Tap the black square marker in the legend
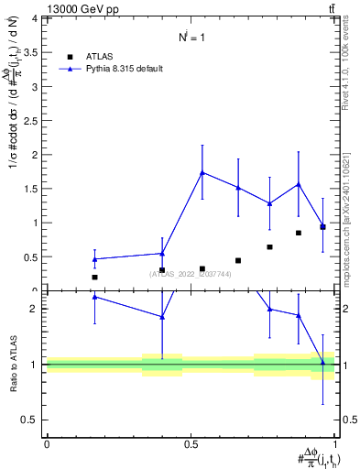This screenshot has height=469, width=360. point(70,56)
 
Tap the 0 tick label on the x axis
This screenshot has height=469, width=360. point(47,443)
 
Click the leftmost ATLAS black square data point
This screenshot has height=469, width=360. point(94,277)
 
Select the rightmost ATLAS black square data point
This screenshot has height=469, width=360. point(322,226)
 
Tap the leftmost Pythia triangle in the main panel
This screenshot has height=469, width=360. point(94,259)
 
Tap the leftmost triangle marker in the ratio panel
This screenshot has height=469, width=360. point(94,297)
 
